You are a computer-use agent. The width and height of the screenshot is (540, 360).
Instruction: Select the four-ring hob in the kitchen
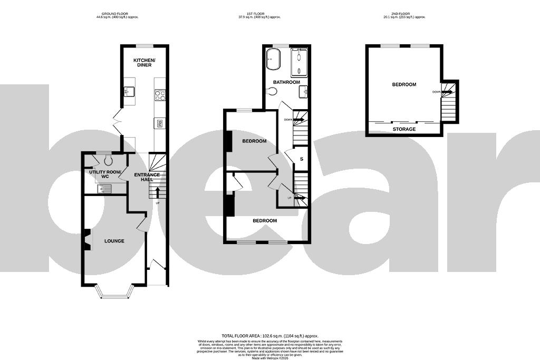pos(160,95)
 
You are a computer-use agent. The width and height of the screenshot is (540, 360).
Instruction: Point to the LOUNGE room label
pos(114,241)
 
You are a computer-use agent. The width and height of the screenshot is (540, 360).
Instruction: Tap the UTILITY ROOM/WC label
pos(105,174)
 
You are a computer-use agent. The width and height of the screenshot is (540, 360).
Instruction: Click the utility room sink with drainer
pos(108,189)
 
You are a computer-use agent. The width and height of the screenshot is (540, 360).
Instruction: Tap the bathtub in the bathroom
pos(273,59)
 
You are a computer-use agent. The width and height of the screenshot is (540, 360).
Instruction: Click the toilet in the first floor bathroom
pos(271,91)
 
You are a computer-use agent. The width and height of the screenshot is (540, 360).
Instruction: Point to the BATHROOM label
pos(286,82)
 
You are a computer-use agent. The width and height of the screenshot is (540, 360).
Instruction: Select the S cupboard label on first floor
pos(302,159)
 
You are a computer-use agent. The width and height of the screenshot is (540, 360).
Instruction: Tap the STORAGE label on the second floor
pos(404,129)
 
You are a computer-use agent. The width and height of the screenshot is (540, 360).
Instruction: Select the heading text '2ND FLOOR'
pos(403,13)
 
